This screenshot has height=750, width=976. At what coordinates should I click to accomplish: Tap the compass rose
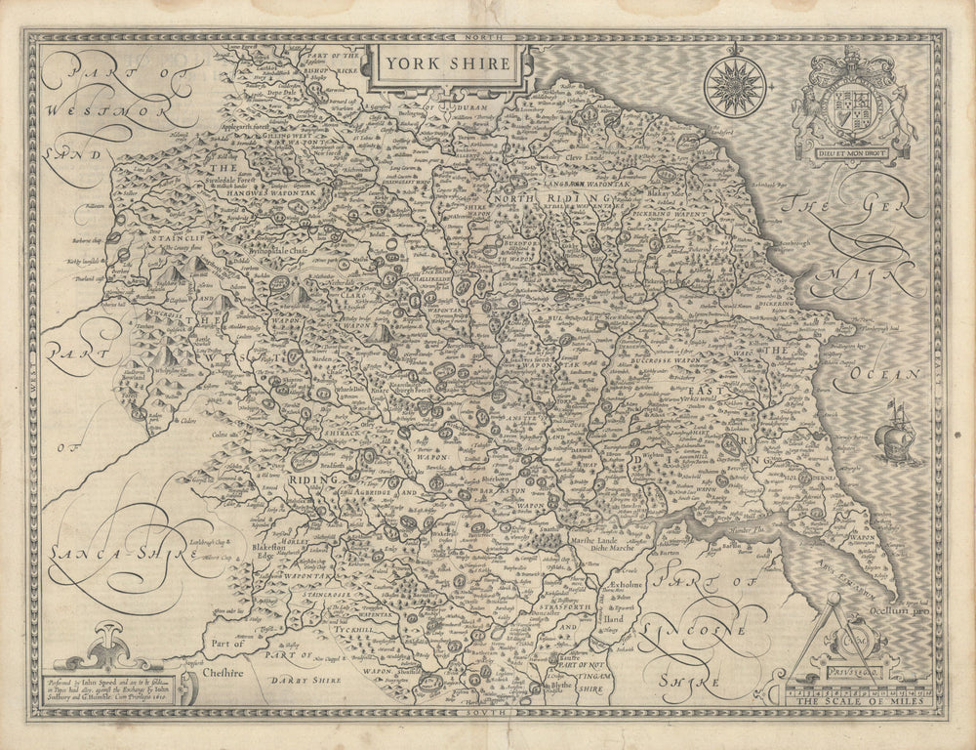tap(735, 87)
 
